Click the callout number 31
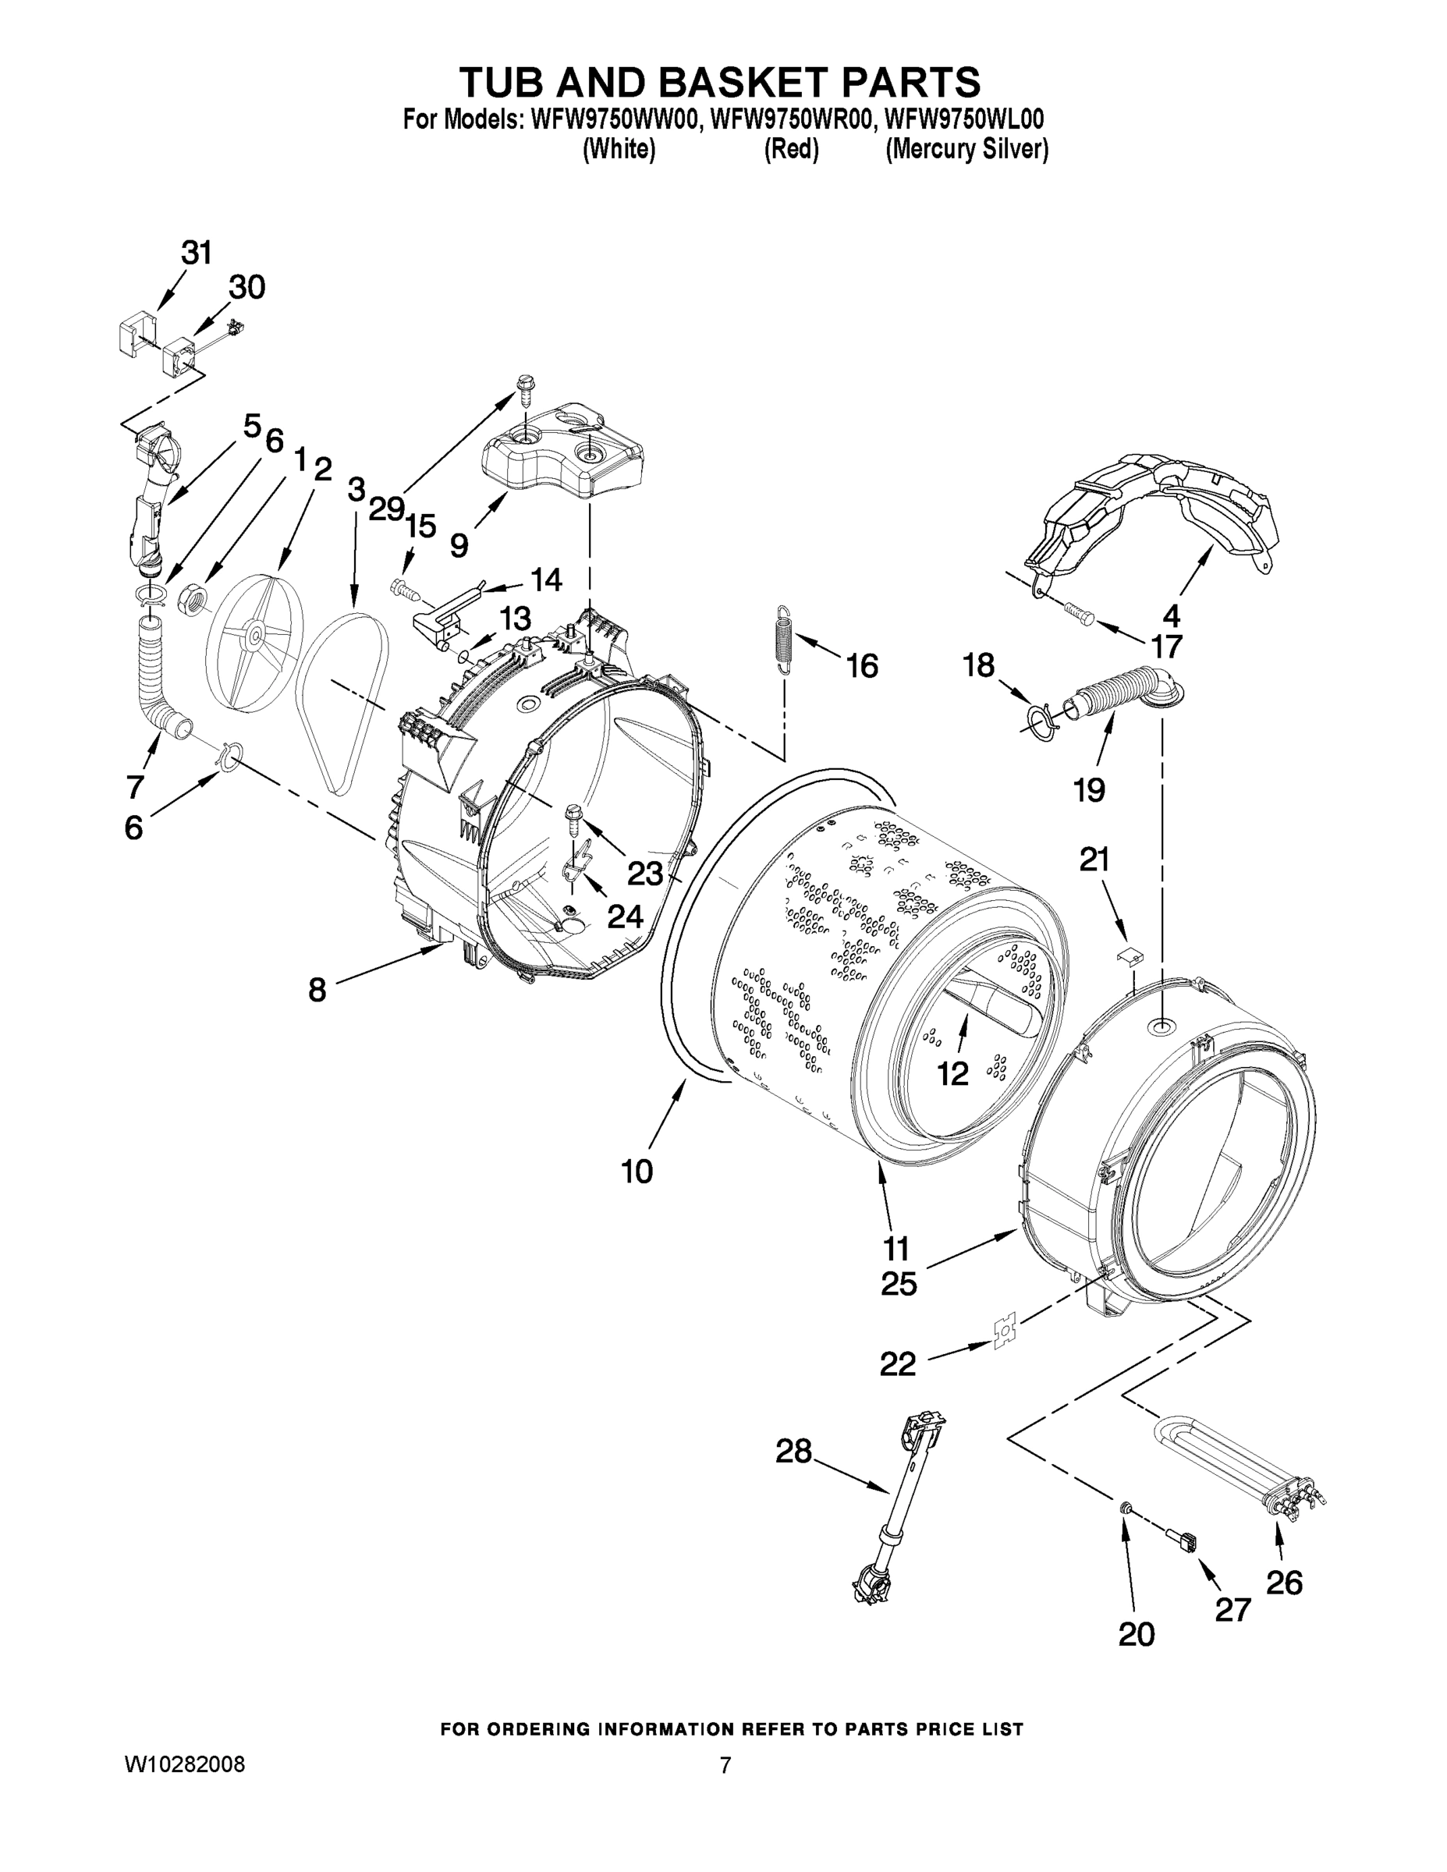pos(196,253)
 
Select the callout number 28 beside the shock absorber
pos(793,1451)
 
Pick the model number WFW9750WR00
pos(789,119)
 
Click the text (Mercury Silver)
pos(966,150)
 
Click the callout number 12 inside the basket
pos(952,1073)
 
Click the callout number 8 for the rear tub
pos(317,990)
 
